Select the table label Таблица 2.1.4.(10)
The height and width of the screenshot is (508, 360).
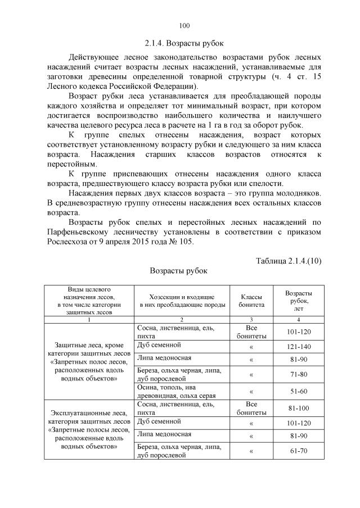point(288,261)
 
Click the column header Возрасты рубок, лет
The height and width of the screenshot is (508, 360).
point(299,300)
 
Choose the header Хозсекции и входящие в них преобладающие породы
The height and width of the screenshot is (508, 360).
point(181,300)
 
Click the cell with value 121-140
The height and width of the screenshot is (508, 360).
point(299,347)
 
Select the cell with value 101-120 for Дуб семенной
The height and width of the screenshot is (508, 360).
point(299,422)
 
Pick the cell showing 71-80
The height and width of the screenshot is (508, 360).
point(299,374)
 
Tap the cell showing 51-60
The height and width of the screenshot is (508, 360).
point(299,392)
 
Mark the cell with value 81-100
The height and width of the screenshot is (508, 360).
point(299,407)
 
